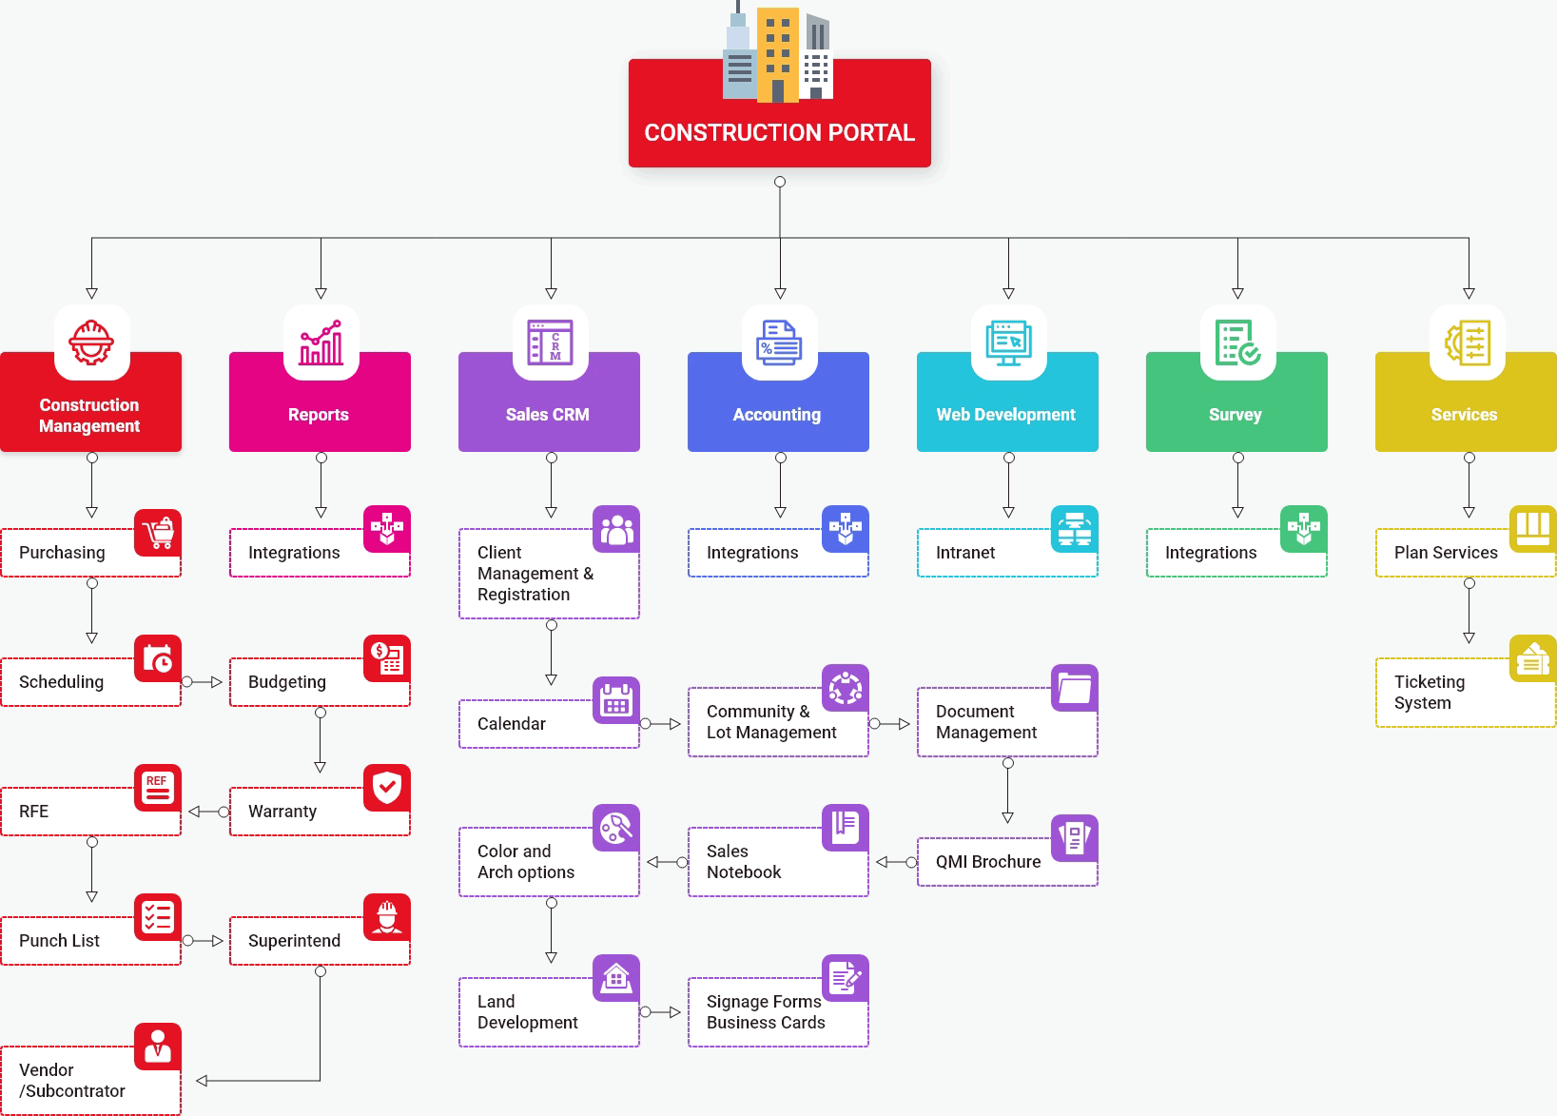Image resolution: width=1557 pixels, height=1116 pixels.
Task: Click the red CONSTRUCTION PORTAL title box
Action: click(779, 131)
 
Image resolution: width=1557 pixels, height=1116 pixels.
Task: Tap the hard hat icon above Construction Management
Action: click(91, 343)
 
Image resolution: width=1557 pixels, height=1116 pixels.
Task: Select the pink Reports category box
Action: click(320, 414)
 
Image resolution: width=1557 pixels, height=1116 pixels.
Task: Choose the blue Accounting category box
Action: click(778, 414)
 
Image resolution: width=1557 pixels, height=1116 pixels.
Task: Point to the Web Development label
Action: click(1005, 415)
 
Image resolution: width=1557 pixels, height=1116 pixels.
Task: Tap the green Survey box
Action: click(1236, 414)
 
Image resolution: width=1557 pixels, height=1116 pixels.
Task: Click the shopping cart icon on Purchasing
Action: click(158, 530)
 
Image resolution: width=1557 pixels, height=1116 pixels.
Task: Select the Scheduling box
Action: click(76, 682)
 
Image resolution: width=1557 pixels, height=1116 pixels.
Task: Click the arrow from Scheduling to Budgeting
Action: click(204, 682)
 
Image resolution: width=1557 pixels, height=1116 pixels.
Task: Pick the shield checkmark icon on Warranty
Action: click(387, 788)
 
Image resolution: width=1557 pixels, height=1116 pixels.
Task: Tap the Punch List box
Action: click(76, 941)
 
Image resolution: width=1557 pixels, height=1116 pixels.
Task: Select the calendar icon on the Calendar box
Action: click(616, 701)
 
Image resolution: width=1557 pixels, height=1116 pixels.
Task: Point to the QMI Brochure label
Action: click(987, 862)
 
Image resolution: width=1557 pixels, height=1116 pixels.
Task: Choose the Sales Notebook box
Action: click(761, 862)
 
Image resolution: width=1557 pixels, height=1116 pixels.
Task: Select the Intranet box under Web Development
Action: click(989, 553)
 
